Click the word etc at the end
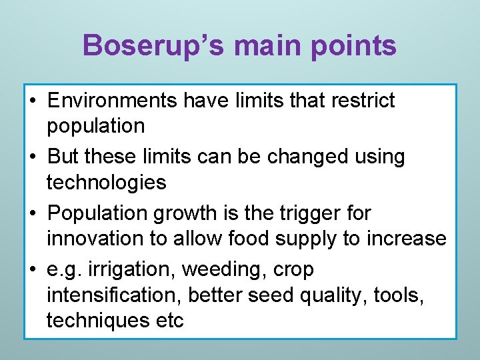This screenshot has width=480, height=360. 169,320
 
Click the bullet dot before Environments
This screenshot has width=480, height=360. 33,101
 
